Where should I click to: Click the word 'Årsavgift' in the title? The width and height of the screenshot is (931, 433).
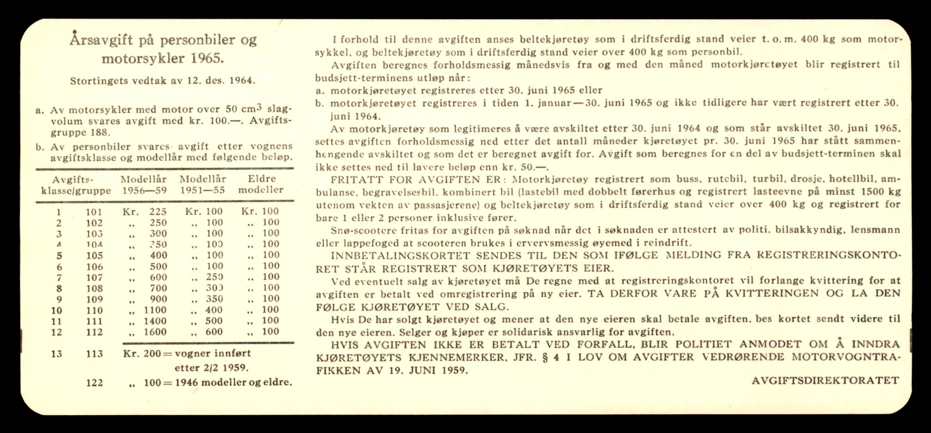click(x=101, y=40)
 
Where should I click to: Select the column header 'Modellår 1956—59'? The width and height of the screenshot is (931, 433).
click(x=144, y=184)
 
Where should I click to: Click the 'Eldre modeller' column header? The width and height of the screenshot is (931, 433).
click(x=261, y=184)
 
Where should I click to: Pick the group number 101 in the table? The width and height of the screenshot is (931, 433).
click(x=94, y=212)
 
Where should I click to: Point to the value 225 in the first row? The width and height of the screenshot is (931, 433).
click(x=158, y=212)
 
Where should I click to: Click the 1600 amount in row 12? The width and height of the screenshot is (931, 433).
click(x=155, y=332)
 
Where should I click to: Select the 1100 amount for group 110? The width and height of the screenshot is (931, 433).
click(x=155, y=310)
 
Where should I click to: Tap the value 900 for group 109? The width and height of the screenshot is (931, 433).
click(x=159, y=299)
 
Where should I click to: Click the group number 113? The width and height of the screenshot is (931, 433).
click(x=94, y=354)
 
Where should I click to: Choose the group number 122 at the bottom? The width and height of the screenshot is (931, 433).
click(x=94, y=383)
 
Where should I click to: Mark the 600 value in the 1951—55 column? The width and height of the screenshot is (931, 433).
click(x=214, y=332)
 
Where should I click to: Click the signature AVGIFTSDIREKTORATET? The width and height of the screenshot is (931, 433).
click(x=825, y=381)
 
